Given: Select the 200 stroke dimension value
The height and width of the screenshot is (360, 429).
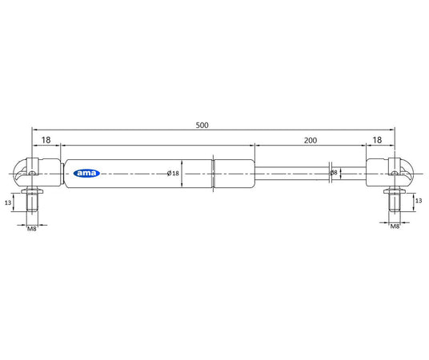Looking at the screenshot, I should point(311,139).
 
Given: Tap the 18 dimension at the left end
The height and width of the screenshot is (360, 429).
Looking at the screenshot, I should point(46,139).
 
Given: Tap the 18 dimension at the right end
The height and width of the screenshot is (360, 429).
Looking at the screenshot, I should point(376,139).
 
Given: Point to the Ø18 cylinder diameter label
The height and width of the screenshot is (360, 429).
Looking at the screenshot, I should point(172,173).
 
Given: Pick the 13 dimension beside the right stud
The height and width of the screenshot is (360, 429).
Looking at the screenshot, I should point(419,202).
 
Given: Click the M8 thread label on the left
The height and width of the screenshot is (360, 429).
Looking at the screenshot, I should point(32,228).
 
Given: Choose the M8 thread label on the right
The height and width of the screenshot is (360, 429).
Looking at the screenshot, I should point(395,227).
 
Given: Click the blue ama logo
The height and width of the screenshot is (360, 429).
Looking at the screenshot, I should point(85,173).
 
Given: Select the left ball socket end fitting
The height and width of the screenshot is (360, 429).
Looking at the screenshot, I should point(32,171).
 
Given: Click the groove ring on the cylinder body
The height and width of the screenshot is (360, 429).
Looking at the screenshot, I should point(213,173).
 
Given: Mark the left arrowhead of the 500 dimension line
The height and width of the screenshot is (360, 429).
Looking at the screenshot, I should point(34,128).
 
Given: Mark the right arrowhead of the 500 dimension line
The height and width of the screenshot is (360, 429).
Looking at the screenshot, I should point(392,128).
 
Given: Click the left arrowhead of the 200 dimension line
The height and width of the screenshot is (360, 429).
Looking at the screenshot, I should point(257,146).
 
